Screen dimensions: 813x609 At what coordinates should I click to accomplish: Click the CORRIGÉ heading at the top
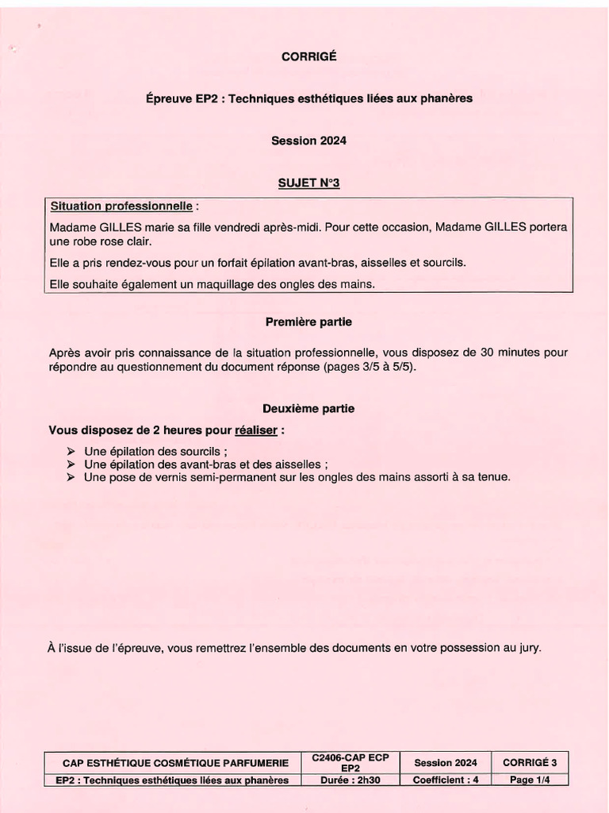coord(308,56)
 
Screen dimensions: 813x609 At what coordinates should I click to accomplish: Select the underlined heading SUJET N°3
coord(308,183)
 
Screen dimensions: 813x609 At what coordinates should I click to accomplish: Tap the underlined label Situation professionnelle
coord(121,206)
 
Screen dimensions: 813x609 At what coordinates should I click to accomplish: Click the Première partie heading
coord(308,322)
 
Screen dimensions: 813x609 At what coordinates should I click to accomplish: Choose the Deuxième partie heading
coord(308,408)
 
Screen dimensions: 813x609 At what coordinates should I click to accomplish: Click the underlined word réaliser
coord(256,430)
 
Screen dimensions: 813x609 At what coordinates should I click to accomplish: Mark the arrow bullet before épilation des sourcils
coord(71,451)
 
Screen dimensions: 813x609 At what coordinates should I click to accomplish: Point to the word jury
coord(529,648)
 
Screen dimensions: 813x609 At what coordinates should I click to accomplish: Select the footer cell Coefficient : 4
coord(446,780)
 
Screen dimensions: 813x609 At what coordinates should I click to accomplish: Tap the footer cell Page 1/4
coord(529,780)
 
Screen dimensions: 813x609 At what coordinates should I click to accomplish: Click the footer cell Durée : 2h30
coord(350,780)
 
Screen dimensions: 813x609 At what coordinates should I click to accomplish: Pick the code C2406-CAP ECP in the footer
coord(350,759)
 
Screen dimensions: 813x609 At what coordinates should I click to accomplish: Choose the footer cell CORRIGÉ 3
coord(529,763)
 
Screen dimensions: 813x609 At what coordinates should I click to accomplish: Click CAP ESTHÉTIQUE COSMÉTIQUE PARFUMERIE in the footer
coord(175,763)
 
